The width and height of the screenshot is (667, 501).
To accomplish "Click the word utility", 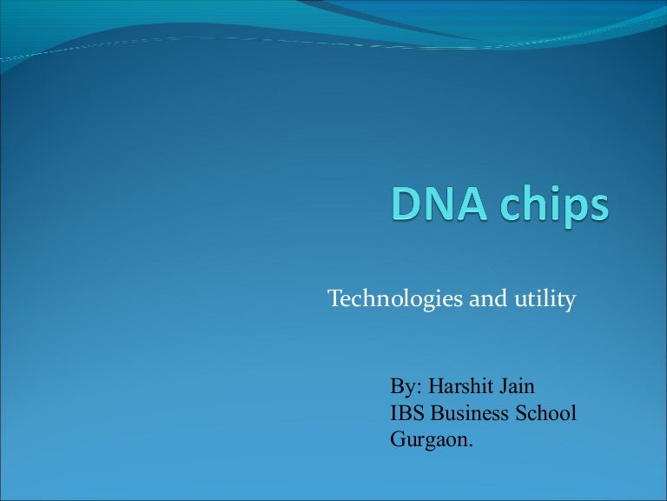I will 544,300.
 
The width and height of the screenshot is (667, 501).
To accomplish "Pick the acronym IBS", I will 407,413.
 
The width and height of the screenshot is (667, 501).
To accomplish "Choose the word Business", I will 469,413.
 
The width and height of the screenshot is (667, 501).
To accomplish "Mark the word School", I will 545,413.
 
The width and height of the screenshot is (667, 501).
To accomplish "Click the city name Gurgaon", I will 429,441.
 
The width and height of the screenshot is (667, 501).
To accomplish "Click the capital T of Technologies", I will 334,300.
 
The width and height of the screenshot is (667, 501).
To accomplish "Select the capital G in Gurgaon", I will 398,440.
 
